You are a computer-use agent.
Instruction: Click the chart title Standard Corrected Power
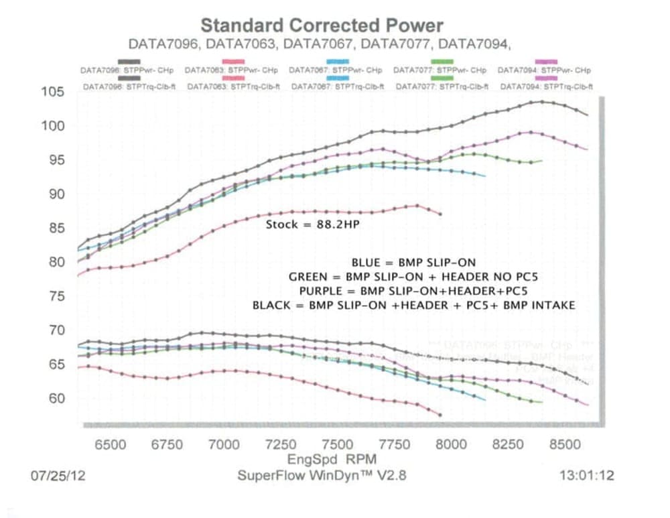pyautogui.click(x=322, y=26)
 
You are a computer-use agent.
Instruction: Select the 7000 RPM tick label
pyautogui.click(x=224, y=444)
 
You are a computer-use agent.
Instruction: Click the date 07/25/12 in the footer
pyautogui.click(x=58, y=476)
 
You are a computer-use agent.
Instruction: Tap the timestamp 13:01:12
pyautogui.click(x=587, y=476)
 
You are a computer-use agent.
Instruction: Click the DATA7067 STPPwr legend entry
pyautogui.click(x=336, y=70)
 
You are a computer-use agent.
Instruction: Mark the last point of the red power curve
pyautogui.click(x=440, y=214)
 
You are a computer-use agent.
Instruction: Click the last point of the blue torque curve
pyautogui.click(x=483, y=400)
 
